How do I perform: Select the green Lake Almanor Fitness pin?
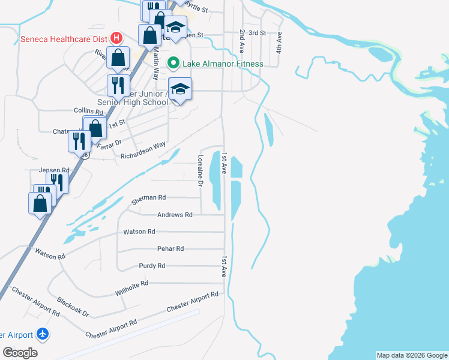coord(173,63)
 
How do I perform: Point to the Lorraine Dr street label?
coord(199,170)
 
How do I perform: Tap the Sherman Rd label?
coord(148,197)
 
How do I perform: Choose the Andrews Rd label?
coord(175,215)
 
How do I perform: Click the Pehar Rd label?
coord(170,248)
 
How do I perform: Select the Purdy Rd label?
coord(151,266)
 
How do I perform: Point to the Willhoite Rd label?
coord(131,289)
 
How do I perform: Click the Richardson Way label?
coord(143,150)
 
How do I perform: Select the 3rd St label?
coord(257,32)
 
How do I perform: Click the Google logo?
coord(20,353)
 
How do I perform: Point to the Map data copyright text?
coord(411,355)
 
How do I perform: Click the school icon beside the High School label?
coord(179,89)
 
